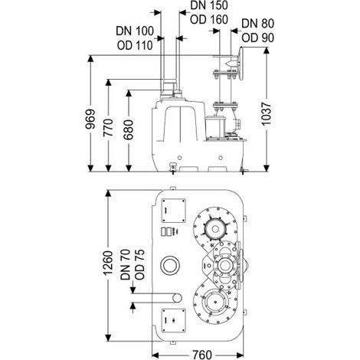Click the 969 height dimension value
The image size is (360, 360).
(x=90, y=119)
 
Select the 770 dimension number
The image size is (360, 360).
(x=109, y=128)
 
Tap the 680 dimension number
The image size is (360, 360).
(x=129, y=129)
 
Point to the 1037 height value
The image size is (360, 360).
(x=267, y=114)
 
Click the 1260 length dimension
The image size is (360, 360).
(x=108, y=263)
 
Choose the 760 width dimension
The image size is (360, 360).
(x=202, y=355)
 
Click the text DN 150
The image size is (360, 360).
(x=209, y=5)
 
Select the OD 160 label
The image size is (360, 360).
(x=209, y=20)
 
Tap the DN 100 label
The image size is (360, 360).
(x=135, y=31)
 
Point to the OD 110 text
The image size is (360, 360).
(x=135, y=45)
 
